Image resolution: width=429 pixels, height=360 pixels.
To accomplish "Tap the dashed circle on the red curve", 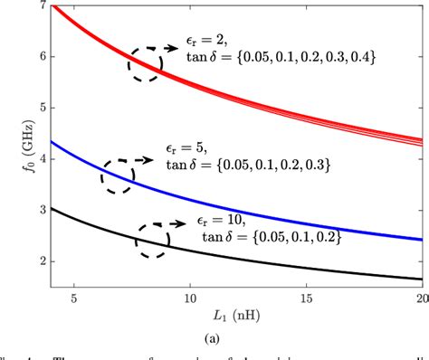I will (145, 63).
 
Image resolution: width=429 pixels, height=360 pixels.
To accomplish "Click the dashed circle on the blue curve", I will (119, 176).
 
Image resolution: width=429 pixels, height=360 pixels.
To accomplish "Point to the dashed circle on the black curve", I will (152, 240).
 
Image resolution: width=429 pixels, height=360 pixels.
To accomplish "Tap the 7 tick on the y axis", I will (41, 6).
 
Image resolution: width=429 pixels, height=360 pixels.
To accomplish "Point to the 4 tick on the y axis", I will (41, 159).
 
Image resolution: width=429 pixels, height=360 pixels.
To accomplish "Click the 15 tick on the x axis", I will (306, 298).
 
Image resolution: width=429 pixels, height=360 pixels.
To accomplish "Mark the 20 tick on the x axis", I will (419, 298).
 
